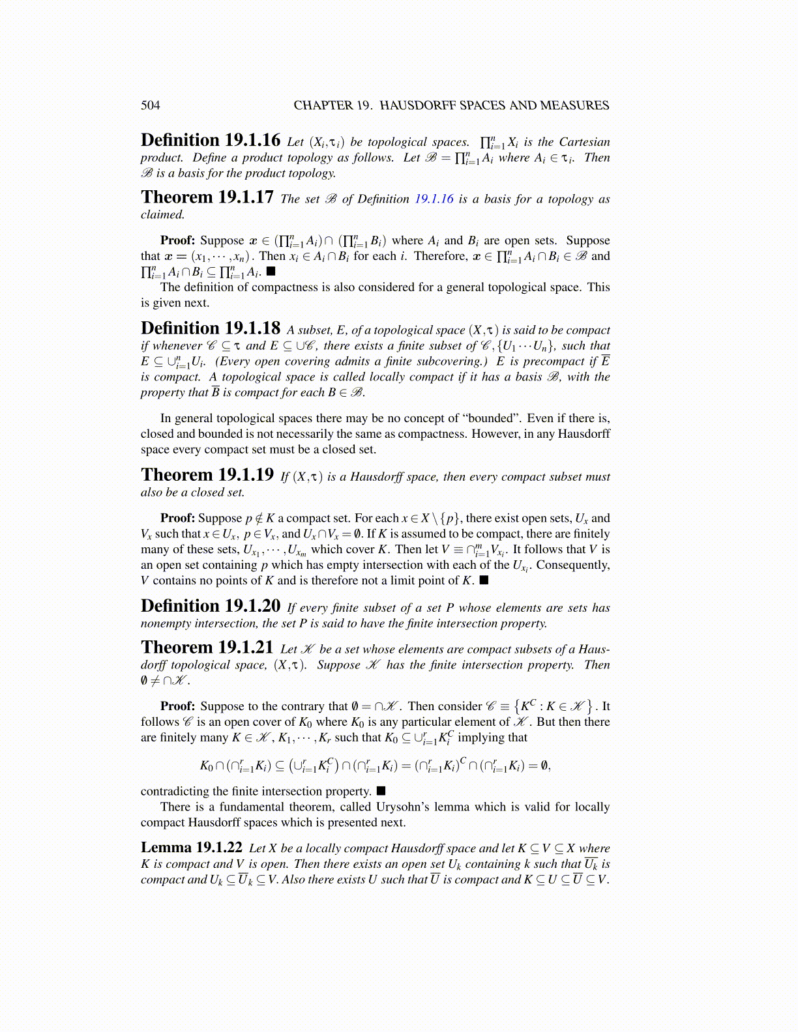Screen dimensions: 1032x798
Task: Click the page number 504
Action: [x=150, y=106]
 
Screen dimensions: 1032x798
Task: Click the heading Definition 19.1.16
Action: [x=210, y=141]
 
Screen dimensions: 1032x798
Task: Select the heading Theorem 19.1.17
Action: [x=207, y=197]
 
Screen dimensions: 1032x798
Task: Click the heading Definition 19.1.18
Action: [x=210, y=328]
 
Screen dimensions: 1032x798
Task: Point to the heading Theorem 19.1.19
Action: [x=207, y=475]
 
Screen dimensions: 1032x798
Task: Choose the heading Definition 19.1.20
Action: [x=210, y=607]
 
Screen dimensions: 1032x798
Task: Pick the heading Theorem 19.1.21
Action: [x=207, y=648]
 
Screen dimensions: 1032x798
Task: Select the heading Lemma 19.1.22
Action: [x=192, y=848]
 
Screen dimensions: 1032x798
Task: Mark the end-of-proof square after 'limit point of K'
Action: [x=484, y=580]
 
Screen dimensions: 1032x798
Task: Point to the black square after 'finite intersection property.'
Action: [x=381, y=791]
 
